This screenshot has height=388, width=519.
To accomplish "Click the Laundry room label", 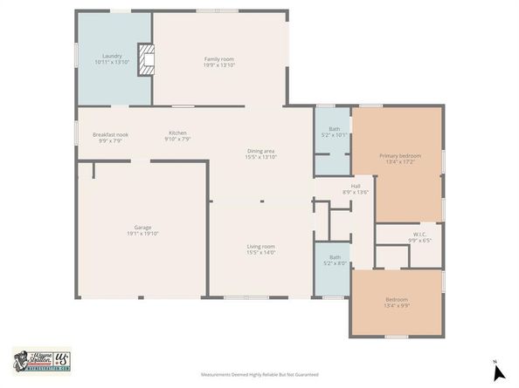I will click(112, 55).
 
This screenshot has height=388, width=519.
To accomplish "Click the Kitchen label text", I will click(177, 133).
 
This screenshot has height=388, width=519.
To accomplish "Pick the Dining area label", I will click(260, 152).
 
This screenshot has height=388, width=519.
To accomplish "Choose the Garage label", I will click(142, 228).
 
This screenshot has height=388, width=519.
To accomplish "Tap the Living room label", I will click(260, 247).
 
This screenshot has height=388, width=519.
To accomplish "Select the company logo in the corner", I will click(41, 359).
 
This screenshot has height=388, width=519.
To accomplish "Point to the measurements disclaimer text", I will click(260, 374).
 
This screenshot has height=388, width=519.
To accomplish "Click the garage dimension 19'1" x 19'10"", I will click(142, 234).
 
